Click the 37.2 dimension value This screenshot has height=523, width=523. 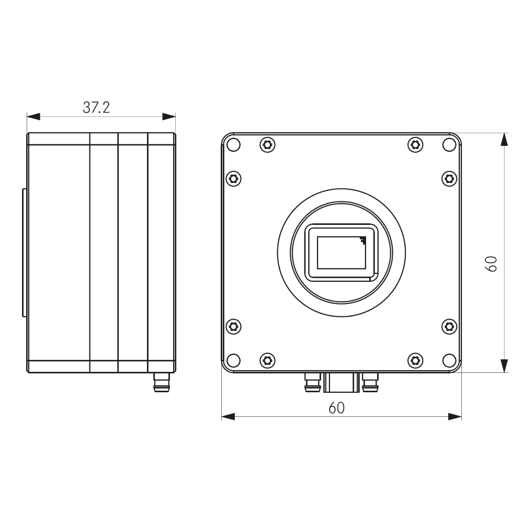tap(96, 108)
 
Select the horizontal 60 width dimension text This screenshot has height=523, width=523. tap(337, 408)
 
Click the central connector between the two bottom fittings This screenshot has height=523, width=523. tap(341, 382)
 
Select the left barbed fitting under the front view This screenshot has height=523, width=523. tap(312, 383)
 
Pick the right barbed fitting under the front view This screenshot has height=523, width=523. tap(370, 383)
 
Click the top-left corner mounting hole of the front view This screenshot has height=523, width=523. tap(234, 144)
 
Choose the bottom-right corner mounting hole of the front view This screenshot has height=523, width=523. tap(448, 360)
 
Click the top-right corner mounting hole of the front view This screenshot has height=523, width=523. tap(448, 144)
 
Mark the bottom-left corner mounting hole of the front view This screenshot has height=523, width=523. tap(234, 360)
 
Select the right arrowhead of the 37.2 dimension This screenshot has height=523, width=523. tap(169, 116)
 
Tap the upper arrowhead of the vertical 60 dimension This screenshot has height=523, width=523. tap(504, 140)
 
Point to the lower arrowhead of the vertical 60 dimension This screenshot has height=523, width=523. tap(504, 366)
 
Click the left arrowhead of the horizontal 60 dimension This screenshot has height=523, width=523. tap(228, 417)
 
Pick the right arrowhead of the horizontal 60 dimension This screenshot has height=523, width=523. tap(455, 417)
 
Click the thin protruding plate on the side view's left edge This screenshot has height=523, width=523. tap(24, 253)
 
